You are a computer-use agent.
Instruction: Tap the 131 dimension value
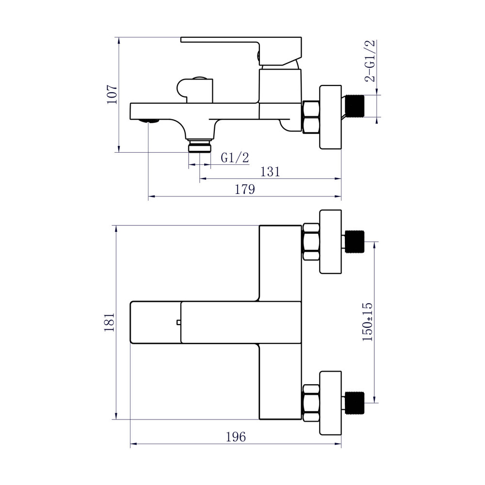270,172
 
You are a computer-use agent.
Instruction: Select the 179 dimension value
245,190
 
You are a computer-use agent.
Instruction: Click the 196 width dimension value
236,437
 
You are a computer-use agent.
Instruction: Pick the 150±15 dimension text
368,322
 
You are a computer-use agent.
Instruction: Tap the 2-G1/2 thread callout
371,62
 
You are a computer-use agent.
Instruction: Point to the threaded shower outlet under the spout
199,146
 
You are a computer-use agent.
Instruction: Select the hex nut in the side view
310,116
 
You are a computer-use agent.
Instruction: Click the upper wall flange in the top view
331,242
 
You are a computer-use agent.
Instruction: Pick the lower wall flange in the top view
331,403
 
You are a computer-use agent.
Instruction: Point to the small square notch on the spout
178,322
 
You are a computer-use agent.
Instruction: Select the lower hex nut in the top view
310,403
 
